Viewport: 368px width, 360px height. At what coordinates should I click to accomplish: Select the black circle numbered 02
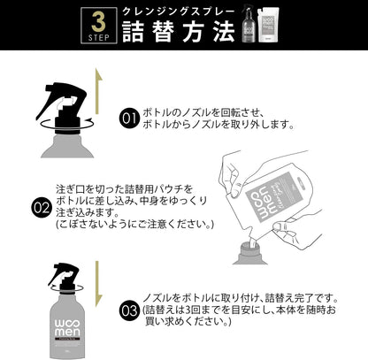41,208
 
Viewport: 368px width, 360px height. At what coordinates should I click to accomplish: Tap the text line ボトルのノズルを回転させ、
201,112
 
